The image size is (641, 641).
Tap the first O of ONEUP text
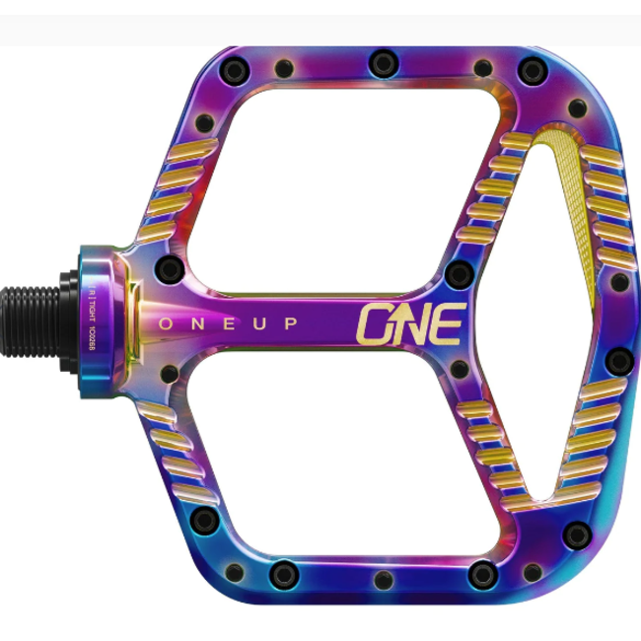click(x=166, y=322)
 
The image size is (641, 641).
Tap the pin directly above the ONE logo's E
click(x=457, y=272)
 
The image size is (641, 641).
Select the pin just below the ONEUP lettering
click(x=169, y=374)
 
